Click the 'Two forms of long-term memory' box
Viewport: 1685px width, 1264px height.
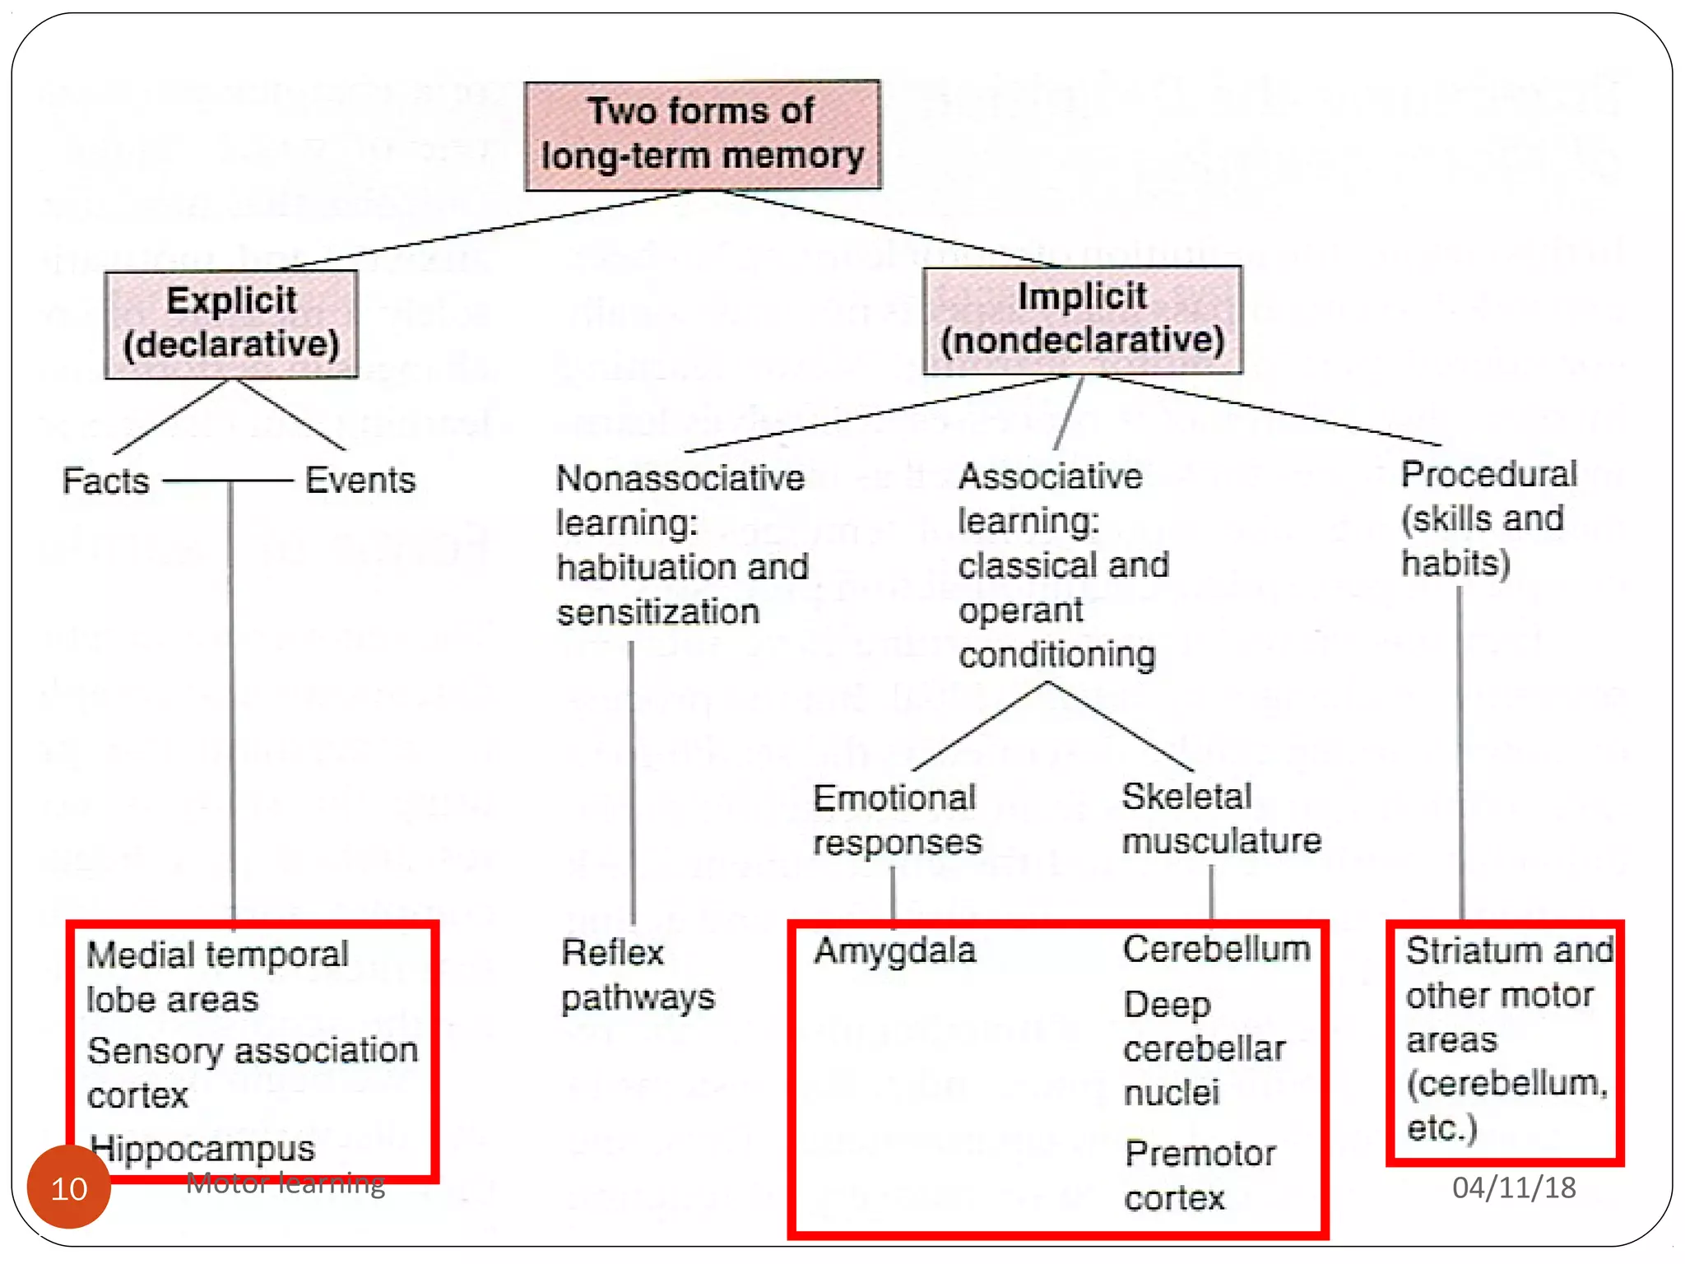coord(702,135)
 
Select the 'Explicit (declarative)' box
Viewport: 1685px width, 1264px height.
coord(231,323)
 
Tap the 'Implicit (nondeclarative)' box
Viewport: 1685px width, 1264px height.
coord(1082,319)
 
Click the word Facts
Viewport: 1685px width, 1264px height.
coord(105,481)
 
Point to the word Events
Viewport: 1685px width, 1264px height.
coord(360,480)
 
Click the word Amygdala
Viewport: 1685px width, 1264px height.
coord(894,950)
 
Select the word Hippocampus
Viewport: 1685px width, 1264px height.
coord(202,1148)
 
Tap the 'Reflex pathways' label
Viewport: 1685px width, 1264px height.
coord(638,975)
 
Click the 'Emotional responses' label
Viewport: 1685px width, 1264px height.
coord(897,820)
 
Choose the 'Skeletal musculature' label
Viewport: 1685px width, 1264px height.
coord(1221,819)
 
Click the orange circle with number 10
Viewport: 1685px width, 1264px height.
coord(69,1187)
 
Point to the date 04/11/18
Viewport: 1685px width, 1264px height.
coord(1513,1187)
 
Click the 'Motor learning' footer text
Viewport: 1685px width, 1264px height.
coord(285,1183)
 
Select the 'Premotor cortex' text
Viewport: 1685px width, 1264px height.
coord(1200,1176)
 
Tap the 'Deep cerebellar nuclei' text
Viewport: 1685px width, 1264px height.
coord(1204,1048)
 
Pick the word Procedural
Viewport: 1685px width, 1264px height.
coord(1488,474)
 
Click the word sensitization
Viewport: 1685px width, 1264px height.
coord(657,612)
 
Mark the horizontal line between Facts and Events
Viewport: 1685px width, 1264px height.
coord(228,481)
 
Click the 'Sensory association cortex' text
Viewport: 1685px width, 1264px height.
coord(252,1072)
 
